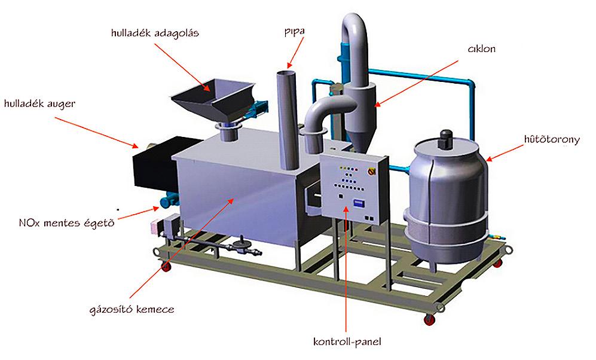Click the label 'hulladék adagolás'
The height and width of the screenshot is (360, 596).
click(154, 32)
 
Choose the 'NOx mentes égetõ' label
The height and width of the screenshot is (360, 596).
click(65, 224)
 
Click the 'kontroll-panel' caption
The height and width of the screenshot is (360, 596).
click(347, 342)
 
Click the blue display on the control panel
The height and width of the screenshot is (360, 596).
click(359, 202)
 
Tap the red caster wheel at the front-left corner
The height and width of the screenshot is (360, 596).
click(166, 266)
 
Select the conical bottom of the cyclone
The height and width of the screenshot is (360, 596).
click(357, 137)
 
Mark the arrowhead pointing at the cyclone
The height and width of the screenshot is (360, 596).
click(377, 105)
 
